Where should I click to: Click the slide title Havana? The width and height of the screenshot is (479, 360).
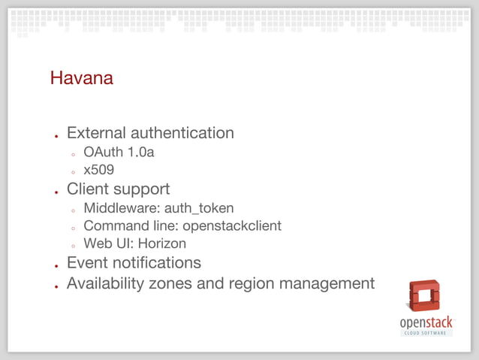tap(81, 77)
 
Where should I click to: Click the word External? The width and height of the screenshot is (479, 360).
tap(96, 133)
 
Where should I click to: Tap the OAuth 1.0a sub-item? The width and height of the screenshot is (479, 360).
tap(119, 153)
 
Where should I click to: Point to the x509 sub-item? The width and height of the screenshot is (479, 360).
tap(98, 170)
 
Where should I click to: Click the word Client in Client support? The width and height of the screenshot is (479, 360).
tap(88, 189)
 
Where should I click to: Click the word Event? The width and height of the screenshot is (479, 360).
tap(86, 262)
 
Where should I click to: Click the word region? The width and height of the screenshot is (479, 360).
tap(254, 283)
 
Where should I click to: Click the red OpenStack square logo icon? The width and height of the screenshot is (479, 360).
tap(424, 295)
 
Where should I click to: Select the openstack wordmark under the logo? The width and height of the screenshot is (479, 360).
tap(426, 322)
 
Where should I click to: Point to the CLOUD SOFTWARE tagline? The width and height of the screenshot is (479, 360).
tap(426, 333)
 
